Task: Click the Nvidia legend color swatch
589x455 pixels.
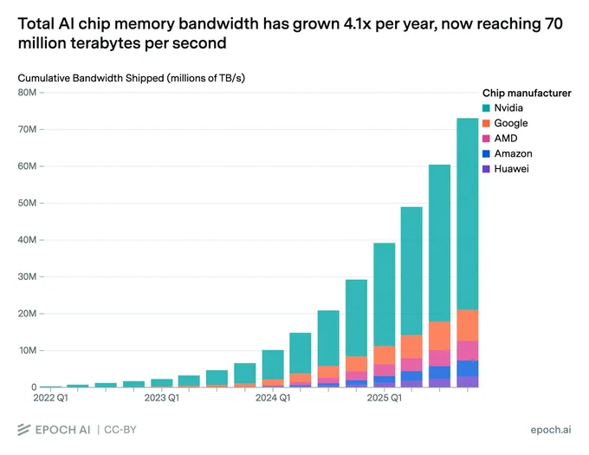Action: pyautogui.click(x=486, y=108)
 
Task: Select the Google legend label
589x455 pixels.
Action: pyautogui.click(x=511, y=123)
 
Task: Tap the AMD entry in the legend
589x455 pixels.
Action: pyautogui.click(x=506, y=139)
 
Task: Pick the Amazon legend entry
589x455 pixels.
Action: pyautogui.click(x=513, y=153)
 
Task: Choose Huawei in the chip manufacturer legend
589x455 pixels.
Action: pyautogui.click(x=511, y=169)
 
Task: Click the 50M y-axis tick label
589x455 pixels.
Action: pyautogui.click(x=27, y=203)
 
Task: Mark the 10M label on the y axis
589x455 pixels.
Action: pyautogui.click(x=27, y=350)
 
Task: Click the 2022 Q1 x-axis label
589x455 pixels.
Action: pyautogui.click(x=51, y=398)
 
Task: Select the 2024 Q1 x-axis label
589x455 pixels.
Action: pyautogui.click(x=273, y=398)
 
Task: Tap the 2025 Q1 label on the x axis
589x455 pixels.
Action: pyautogui.click(x=385, y=398)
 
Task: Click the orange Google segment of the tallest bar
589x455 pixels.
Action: pyautogui.click(x=468, y=325)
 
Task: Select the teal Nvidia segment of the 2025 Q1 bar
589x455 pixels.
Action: pyautogui.click(x=385, y=295)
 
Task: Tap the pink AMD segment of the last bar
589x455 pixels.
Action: pyautogui.click(x=468, y=351)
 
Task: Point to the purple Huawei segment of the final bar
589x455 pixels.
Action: pyautogui.click(x=468, y=381)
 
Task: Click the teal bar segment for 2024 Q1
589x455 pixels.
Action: pyautogui.click(x=273, y=365)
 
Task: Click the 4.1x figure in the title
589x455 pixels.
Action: pyautogui.click(x=357, y=23)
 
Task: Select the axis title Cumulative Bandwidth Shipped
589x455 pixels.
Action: pyautogui.click(x=91, y=78)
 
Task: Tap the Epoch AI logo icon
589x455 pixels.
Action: pyautogui.click(x=24, y=430)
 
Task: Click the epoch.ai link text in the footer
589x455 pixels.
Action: pyautogui.click(x=551, y=430)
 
